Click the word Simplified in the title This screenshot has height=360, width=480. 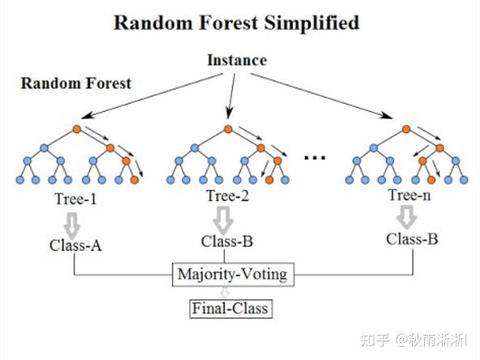(x=311, y=23)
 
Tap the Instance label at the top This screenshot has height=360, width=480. (x=237, y=60)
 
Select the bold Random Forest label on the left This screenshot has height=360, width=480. (x=76, y=83)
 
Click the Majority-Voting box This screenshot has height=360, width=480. (x=232, y=274)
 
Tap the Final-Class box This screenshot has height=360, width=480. (x=229, y=308)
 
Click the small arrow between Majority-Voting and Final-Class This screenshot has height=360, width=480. (x=230, y=292)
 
